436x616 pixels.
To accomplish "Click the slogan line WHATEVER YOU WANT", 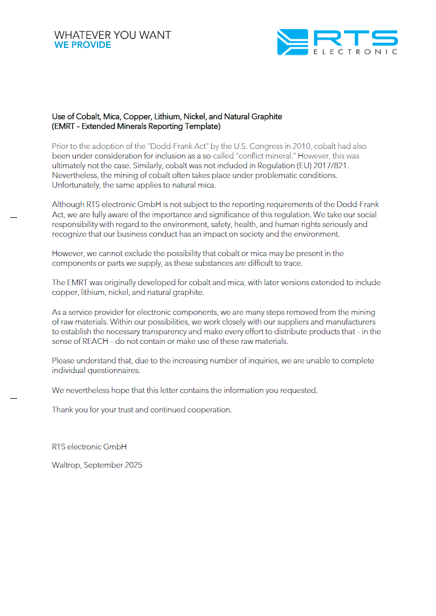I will click(112, 35).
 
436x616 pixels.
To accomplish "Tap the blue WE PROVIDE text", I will click(83, 45).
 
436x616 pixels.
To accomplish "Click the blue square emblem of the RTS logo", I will click(292, 42).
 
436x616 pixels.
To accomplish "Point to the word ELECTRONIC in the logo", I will click(355, 52).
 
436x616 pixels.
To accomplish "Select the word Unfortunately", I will click(75, 185).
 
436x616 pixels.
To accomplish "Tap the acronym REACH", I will click(92, 341).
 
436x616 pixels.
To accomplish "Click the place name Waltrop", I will click(66, 465).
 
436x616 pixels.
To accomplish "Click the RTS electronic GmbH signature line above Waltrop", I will click(89, 447).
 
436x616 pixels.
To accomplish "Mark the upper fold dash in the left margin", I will click(14, 217).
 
